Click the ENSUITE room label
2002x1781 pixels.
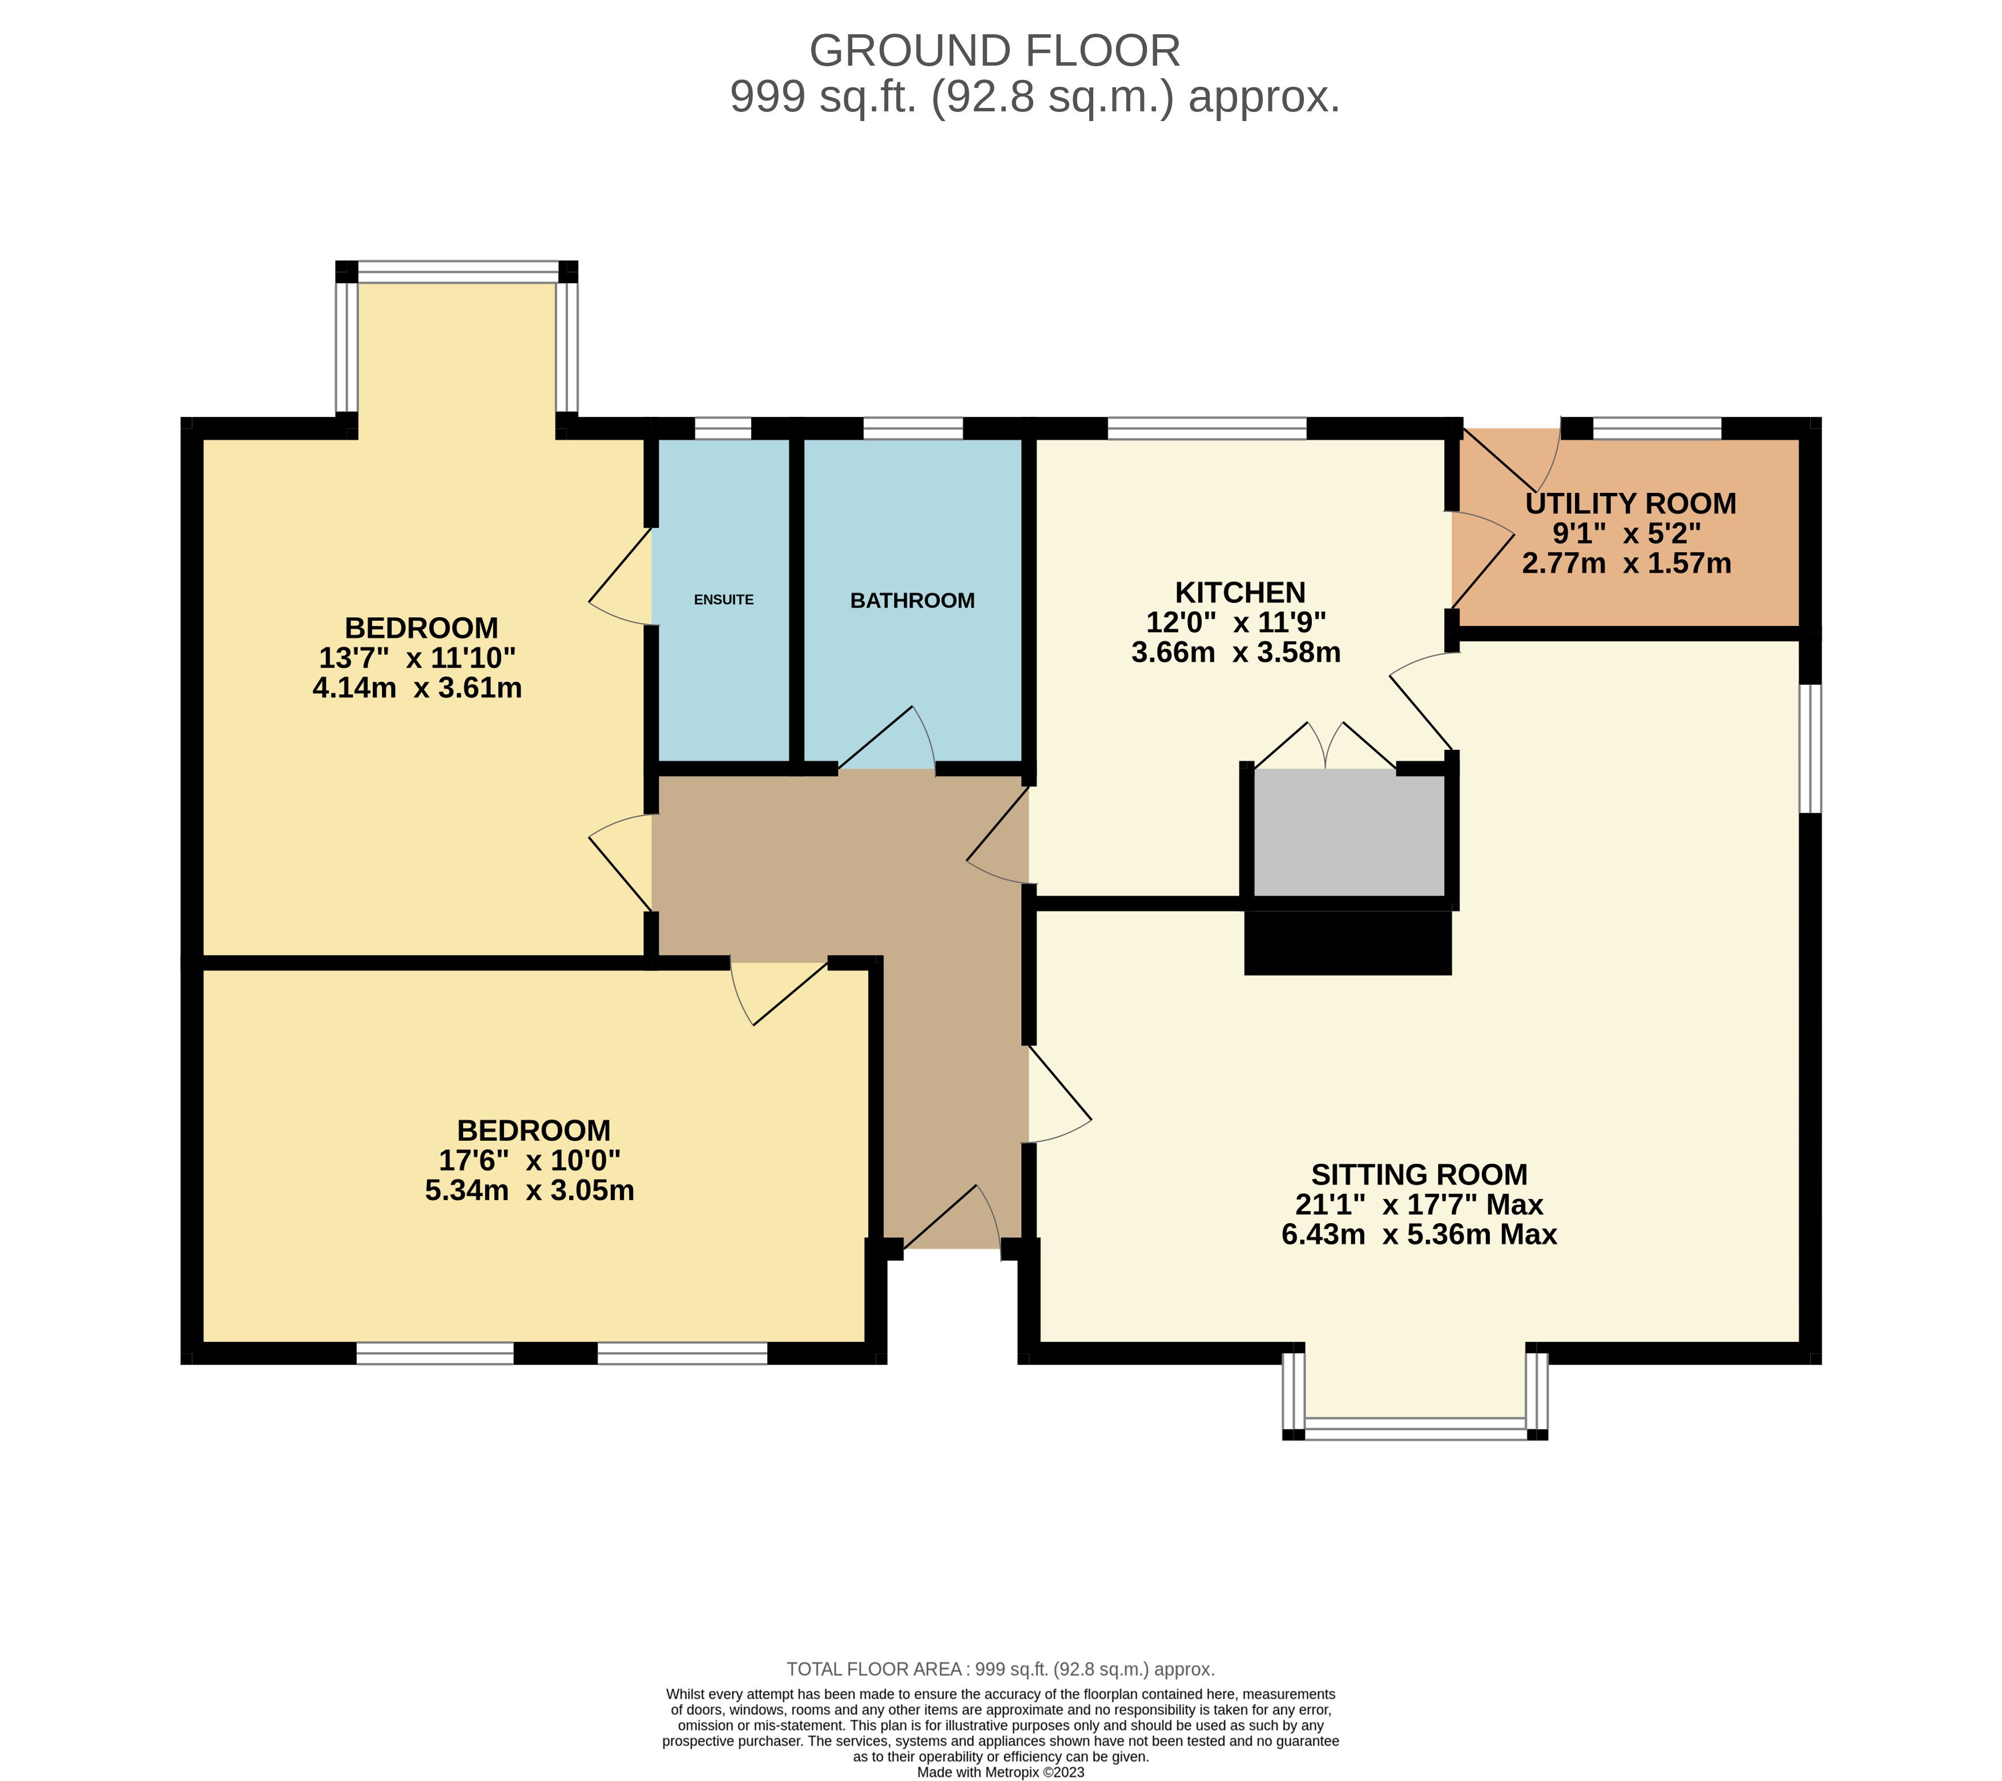click(x=724, y=600)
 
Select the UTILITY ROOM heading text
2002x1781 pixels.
click(x=1631, y=504)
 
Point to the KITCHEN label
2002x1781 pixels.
click(x=1240, y=593)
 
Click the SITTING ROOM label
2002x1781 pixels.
click(x=1419, y=1175)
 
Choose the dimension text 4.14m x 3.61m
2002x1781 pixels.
click(x=417, y=688)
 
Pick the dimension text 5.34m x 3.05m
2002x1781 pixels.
click(x=530, y=1190)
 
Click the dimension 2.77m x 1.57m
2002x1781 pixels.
click(x=1627, y=563)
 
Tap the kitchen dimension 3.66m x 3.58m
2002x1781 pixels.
click(x=1236, y=653)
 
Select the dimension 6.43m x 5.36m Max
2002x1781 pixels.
click(x=1419, y=1235)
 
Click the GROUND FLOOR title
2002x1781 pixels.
click(x=995, y=51)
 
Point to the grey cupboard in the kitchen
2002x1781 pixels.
click(x=1349, y=832)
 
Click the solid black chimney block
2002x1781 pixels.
click(x=1348, y=942)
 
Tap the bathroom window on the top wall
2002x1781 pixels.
click(x=913, y=428)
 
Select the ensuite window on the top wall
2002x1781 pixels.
click(x=723, y=428)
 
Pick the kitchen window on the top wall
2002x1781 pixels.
click(x=1207, y=428)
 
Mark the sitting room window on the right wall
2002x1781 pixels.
click(x=1811, y=749)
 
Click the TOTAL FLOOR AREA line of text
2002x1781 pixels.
click(x=1001, y=1669)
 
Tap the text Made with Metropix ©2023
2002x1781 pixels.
click(x=1001, y=1772)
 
